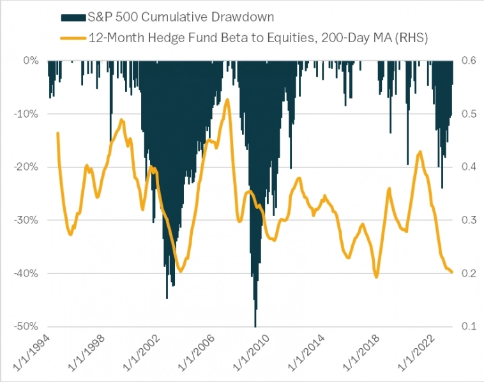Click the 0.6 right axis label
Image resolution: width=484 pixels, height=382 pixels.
(469, 61)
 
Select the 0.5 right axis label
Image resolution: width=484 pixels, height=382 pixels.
(469, 114)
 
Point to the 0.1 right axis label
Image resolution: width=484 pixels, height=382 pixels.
(469, 326)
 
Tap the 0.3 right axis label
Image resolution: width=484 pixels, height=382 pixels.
(469, 220)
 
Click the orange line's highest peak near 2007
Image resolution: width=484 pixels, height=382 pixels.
(227, 99)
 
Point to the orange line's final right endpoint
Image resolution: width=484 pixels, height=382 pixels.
(452, 272)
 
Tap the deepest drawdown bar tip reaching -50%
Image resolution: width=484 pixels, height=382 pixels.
(255, 326)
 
